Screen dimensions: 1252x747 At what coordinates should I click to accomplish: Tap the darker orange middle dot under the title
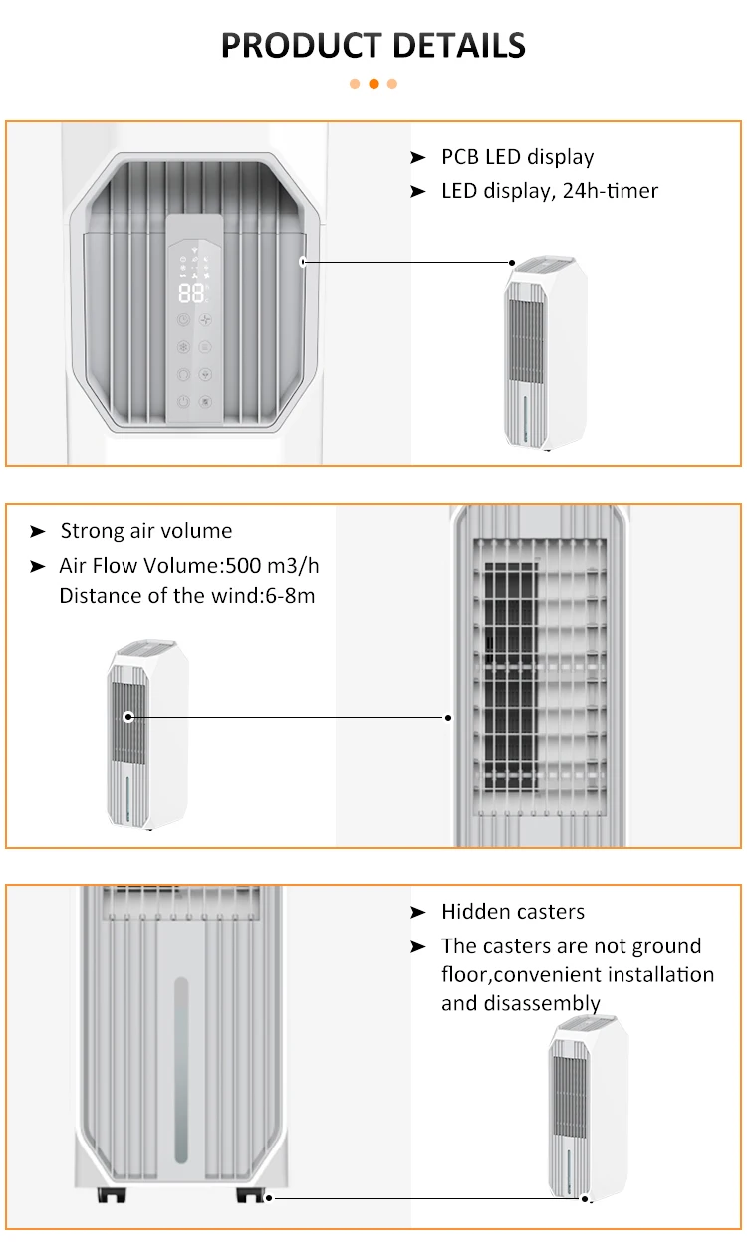[x=373, y=84]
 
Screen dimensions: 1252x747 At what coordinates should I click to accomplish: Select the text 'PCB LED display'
[x=517, y=157]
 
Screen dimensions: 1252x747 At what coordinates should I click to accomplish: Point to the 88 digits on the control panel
[x=190, y=292]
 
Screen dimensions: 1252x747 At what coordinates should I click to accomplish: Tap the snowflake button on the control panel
[x=183, y=347]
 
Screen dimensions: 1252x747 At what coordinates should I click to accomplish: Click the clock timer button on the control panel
[x=183, y=320]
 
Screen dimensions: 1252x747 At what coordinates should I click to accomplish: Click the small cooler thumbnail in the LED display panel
[x=544, y=353]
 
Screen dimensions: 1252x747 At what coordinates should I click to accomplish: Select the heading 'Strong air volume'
[x=145, y=531]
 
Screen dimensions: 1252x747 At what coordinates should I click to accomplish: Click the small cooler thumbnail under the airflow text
[x=147, y=735]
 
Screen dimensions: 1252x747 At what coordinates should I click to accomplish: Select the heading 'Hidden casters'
[x=512, y=912]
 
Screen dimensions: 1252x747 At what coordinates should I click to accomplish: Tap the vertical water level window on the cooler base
[x=181, y=1069]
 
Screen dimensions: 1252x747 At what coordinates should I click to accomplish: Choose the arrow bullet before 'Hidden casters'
[x=418, y=912]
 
